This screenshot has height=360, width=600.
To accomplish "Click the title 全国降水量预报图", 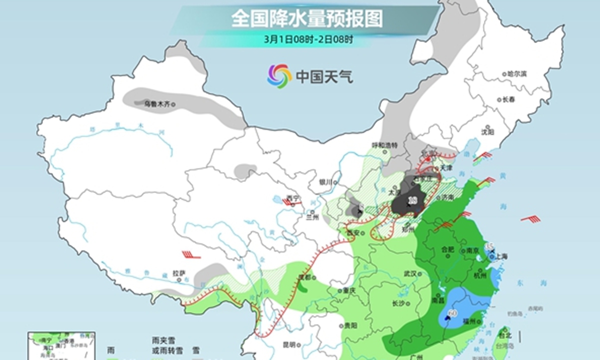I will click(307, 19).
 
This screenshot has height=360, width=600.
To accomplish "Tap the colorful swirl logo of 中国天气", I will click(278, 76).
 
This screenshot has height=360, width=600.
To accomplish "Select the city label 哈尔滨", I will click(517, 73).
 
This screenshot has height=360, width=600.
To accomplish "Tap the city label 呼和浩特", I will click(384, 145).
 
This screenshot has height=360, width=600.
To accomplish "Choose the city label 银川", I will click(326, 182).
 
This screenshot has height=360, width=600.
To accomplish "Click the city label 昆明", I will click(289, 344).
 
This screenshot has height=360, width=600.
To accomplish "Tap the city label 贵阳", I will click(351, 325).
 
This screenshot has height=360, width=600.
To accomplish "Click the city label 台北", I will click(506, 335).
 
